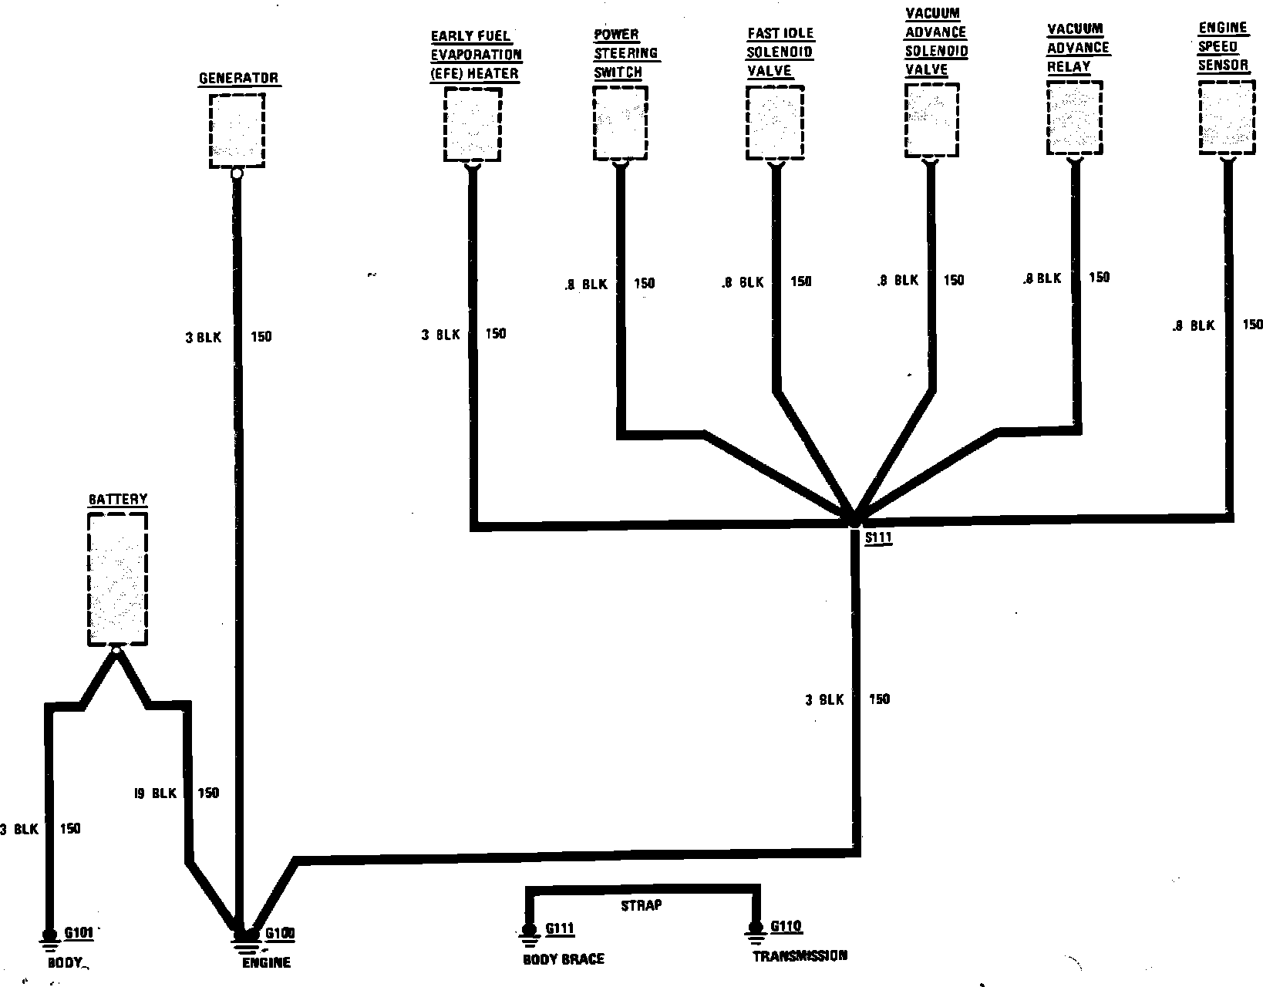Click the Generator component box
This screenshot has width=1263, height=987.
[237, 130]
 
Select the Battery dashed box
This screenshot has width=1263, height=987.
[117, 578]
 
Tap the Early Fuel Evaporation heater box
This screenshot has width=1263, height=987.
[473, 123]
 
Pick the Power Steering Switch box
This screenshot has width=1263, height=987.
[620, 123]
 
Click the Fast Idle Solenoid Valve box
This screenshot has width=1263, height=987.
[775, 122]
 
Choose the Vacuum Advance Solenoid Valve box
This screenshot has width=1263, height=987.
[931, 120]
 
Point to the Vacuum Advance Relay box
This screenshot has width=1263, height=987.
[1074, 119]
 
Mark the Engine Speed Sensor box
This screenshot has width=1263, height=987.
[1225, 119]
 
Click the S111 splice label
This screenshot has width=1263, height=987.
[877, 538]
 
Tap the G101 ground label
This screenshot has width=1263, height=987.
[79, 934]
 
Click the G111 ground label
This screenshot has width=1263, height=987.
[560, 928]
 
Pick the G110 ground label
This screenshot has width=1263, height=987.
[786, 926]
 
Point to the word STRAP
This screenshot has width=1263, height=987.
[641, 905]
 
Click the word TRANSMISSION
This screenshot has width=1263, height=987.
[800, 956]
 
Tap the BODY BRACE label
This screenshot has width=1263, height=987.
[564, 959]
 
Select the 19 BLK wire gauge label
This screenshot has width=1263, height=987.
[155, 793]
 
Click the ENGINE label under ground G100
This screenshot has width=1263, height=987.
[266, 963]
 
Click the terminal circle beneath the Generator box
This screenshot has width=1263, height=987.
[237, 174]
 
